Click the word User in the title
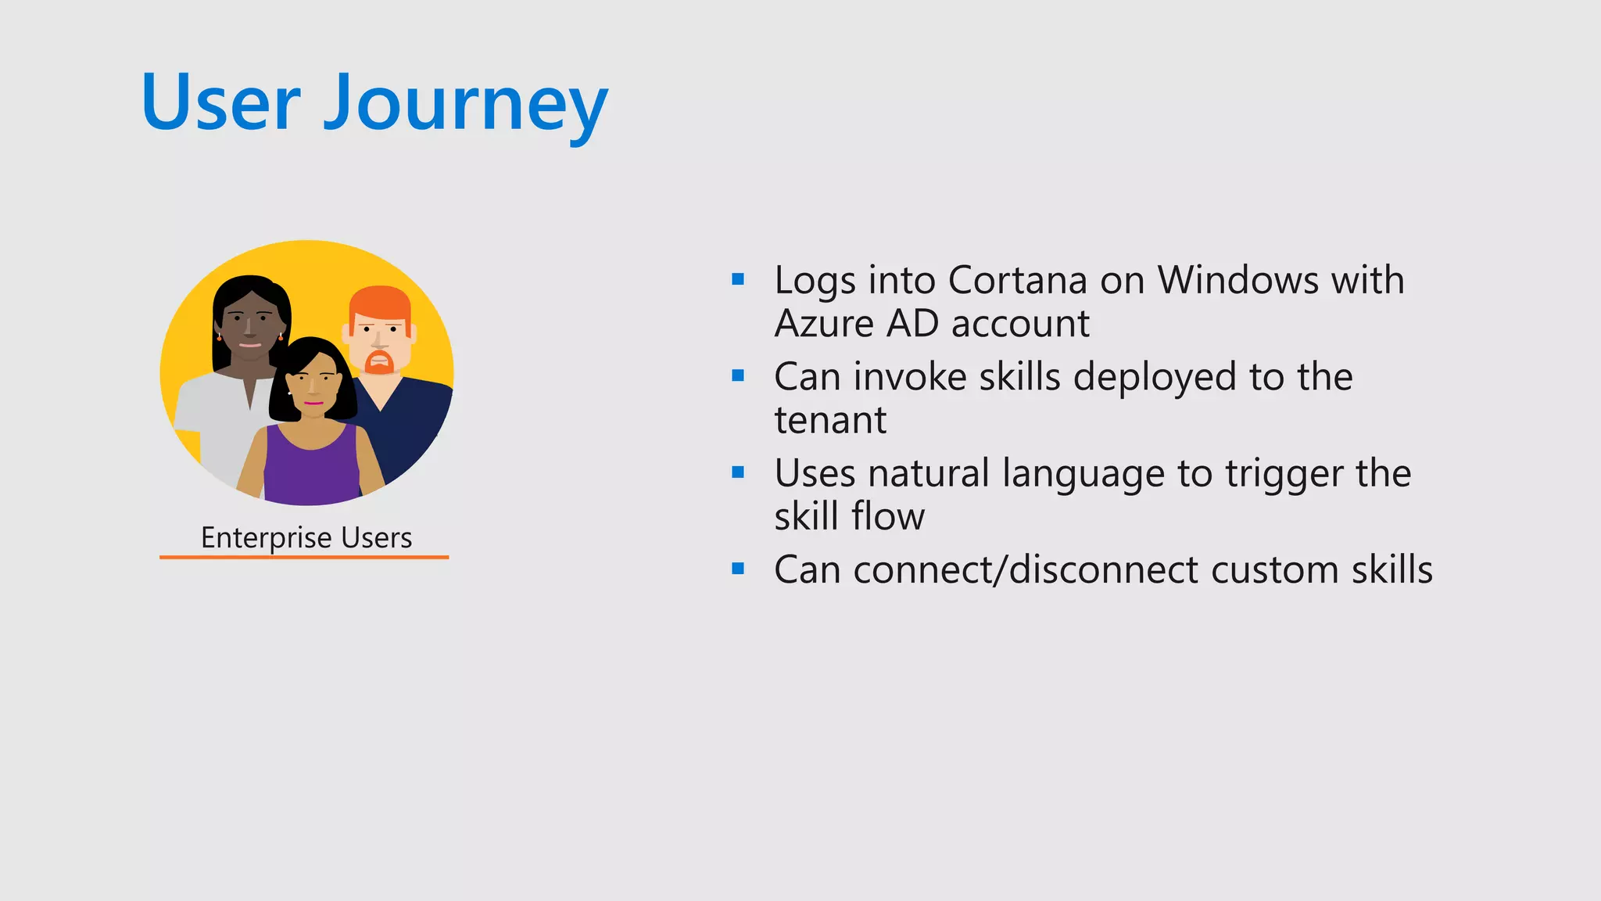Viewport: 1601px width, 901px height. (221, 103)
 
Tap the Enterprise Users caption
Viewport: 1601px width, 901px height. (306, 538)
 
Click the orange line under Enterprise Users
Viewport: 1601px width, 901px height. (304, 557)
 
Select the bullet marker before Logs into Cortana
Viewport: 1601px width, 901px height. (738, 279)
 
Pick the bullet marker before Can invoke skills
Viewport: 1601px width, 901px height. (738, 376)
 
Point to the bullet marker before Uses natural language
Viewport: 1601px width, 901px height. (738, 472)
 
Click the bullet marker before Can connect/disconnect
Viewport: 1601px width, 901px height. (738, 569)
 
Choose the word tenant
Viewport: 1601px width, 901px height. (830, 421)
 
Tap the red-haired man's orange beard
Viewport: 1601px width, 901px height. (379, 362)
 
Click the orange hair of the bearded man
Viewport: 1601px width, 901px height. (379, 300)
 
